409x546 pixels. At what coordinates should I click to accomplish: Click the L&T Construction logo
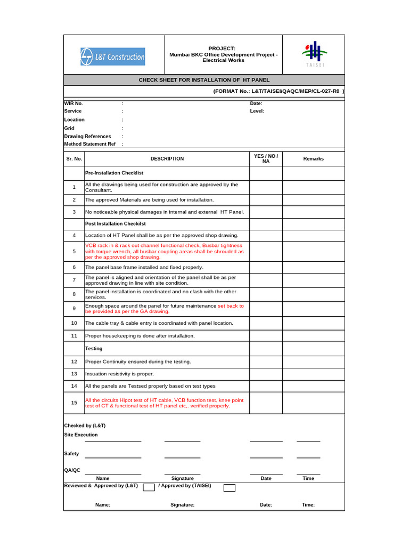112,57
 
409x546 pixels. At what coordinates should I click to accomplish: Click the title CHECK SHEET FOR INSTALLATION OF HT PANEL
204,80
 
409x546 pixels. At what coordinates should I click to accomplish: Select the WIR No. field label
73,103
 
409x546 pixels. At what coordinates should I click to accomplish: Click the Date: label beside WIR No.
256,103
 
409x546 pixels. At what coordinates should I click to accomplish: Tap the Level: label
257,111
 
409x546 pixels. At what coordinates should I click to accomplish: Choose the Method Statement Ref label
89,144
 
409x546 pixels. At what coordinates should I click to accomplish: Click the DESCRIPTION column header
167,159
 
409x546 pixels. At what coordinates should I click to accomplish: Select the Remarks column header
313,159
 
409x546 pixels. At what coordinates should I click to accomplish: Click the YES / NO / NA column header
266,158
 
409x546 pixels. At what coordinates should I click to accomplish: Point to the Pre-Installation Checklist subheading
114,173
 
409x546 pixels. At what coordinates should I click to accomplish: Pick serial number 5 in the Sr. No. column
74,251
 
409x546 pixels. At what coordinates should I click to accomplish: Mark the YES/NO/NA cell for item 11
266,336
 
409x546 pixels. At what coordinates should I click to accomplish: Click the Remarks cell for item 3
313,212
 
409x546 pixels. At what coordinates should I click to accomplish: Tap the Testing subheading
94,349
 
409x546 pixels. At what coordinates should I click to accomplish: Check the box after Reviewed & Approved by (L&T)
149,487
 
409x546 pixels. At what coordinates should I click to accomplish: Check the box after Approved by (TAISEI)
229,487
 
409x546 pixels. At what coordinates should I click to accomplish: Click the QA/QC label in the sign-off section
72,470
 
